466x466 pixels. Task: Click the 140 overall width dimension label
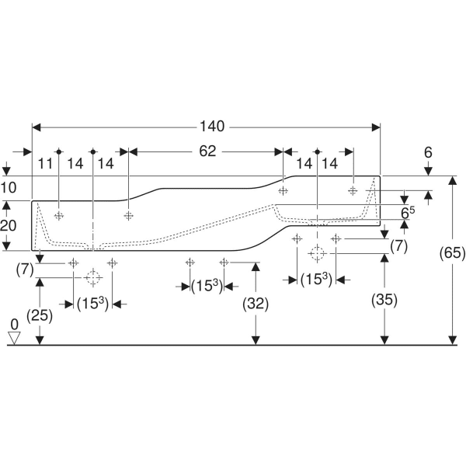pyautogui.click(x=212, y=126)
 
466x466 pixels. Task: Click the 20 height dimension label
pyautogui.click(x=9, y=225)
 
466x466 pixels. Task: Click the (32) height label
pyautogui.click(x=256, y=304)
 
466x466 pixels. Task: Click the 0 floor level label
pyautogui.click(x=13, y=323)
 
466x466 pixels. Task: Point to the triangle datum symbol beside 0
pyautogui.click(x=13, y=336)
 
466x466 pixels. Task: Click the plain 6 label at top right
pyautogui.click(x=428, y=152)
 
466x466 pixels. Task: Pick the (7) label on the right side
pyautogui.click(x=398, y=246)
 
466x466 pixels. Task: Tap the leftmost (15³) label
pyautogui.click(x=92, y=304)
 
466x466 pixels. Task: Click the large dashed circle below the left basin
pyautogui.click(x=92, y=277)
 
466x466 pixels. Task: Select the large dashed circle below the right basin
pyautogui.click(x=316, y=252)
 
